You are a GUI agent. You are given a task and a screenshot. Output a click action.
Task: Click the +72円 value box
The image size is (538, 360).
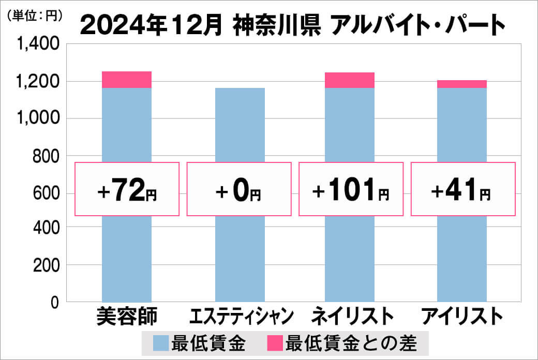click(x=127, y=189)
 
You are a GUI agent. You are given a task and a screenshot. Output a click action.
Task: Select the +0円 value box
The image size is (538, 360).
click(x=239, y=189)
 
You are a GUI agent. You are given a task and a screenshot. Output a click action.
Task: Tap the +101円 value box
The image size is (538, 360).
click(x=350, y=189)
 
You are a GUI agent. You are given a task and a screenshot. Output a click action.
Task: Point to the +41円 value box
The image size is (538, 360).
click(x=462, y=189)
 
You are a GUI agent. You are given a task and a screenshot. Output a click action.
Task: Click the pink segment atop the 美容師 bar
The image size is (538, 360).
click(x=127, y=80)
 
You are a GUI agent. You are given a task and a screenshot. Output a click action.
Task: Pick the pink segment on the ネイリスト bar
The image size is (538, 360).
click(x=350, y=80)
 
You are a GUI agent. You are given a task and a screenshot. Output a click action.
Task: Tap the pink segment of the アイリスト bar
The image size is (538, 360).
click(x=461, y=84)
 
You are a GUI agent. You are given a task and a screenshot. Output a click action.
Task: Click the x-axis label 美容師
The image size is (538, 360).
click(x=127, y=316)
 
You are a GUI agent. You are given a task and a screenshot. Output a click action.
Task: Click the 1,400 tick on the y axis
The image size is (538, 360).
click(x=40, y=44)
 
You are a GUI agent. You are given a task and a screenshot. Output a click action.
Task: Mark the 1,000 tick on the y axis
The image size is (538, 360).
click(x=40, y=118)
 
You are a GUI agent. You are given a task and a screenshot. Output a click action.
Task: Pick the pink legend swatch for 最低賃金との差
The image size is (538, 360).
click(x=275, y=342)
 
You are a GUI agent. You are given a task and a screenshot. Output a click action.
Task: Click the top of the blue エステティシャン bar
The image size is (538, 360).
click(x=239, y=89)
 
